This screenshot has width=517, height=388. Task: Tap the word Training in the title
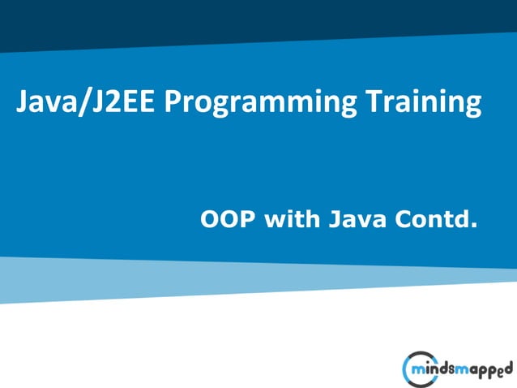pos(422,103)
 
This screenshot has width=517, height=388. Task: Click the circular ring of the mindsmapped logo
pos(406,369)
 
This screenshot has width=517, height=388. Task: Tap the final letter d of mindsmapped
pos(508,367)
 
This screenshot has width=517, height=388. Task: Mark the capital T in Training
pos(370,103)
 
